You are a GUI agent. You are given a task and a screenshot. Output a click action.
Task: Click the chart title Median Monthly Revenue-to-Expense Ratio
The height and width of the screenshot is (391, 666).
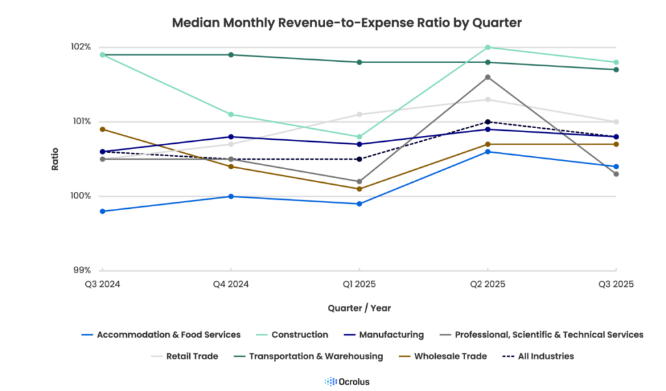(347, 22)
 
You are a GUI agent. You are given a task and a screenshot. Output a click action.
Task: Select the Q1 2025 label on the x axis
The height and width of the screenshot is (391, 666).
(358, 284)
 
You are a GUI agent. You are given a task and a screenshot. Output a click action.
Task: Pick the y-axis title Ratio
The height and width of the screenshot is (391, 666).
(55, 158)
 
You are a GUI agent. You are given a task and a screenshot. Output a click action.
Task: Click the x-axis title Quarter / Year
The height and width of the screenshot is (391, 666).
(359, 308)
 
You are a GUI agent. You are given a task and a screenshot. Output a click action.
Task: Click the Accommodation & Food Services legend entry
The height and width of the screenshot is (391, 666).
(168, 334)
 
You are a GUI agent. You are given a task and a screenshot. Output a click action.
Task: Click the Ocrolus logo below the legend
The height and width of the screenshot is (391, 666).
(347, 381)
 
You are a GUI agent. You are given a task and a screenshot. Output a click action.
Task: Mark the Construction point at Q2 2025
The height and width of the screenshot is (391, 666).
(487, 47)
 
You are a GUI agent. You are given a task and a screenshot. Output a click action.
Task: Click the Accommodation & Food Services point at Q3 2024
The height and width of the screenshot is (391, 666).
(102, 211)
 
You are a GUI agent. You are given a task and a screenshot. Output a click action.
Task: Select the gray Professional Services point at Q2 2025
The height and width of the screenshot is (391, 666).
(487, 77)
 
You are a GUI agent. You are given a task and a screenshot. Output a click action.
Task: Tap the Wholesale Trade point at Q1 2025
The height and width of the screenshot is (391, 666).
(358, 189)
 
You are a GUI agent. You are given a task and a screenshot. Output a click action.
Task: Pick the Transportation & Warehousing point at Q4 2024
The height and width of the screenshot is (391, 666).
(230, 55)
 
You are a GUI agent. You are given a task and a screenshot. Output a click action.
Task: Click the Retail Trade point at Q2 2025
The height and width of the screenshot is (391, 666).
(487, 100)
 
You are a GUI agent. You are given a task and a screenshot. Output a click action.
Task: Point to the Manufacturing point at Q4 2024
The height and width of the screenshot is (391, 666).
(230, 137)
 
